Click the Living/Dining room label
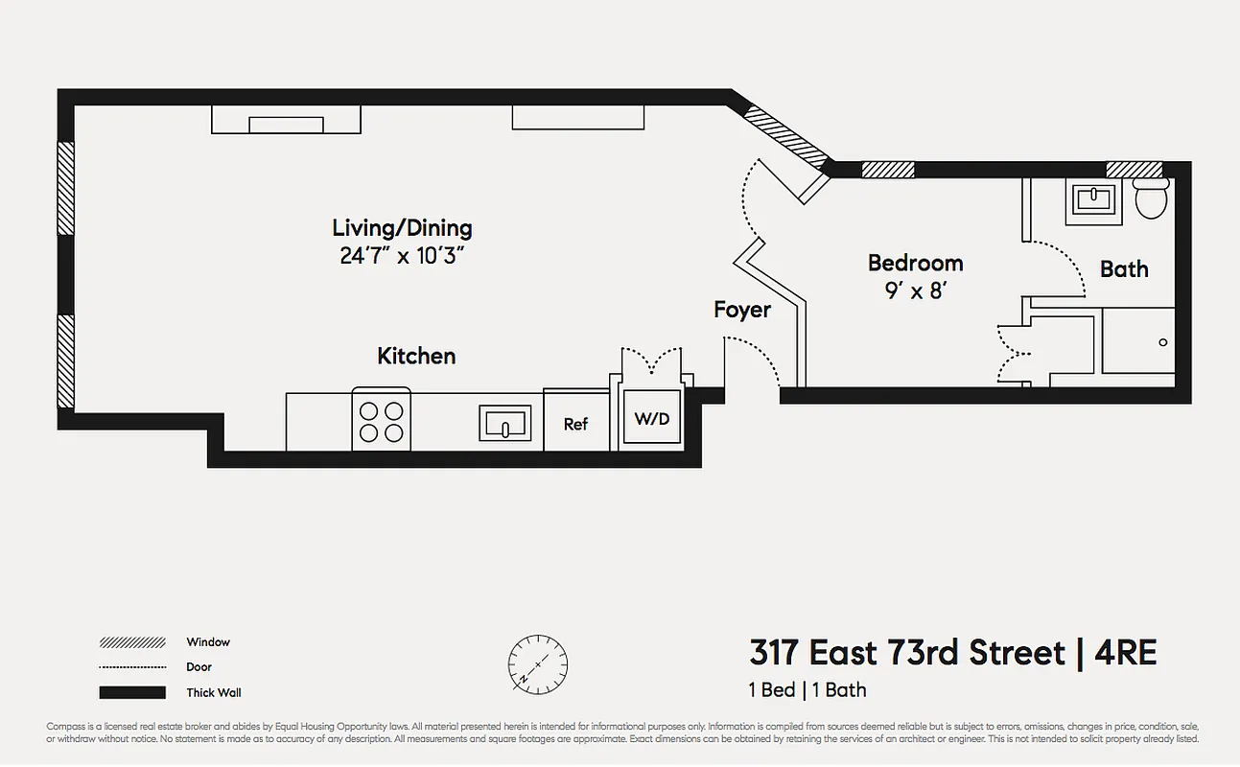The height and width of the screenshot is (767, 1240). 402,228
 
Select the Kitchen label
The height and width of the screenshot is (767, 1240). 416,356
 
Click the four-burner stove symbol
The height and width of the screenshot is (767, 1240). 381,420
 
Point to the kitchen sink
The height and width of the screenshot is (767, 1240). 504,423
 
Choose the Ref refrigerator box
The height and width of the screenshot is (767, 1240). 575,423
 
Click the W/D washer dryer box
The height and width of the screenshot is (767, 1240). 652,418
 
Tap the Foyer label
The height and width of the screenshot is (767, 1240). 742,310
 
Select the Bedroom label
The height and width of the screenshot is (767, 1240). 915,263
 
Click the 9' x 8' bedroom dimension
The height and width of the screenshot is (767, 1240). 915,291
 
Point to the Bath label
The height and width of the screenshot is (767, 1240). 1124,268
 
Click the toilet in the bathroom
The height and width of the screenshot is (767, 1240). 1150,198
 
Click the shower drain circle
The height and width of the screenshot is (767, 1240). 1163,342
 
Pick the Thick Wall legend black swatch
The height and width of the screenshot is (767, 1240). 132,692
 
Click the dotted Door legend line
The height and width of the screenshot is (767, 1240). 132,667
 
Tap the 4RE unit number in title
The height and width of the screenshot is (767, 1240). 1127,653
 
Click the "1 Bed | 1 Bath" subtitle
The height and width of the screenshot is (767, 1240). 807,689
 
